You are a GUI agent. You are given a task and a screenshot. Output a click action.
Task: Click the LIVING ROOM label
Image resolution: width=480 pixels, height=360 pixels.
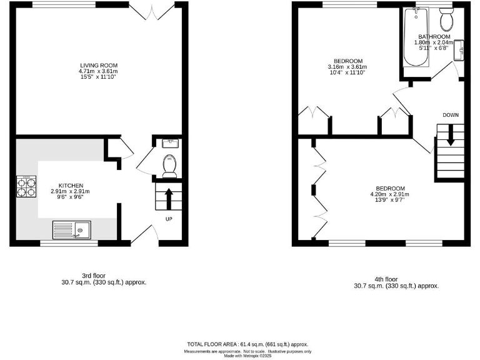98,65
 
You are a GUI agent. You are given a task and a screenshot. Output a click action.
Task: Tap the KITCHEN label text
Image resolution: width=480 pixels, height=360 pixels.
71,186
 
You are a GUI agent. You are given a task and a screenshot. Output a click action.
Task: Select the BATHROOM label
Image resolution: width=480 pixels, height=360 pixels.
434,37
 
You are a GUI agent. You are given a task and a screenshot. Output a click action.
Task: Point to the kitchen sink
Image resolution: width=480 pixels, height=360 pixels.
72,230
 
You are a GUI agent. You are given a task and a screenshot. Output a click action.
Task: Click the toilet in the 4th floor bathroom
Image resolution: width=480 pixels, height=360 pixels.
446,21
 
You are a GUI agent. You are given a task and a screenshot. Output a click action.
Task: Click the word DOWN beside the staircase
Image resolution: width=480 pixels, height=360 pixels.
450,115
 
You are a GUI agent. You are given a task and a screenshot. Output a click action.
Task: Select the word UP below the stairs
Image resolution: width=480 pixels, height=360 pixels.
169,219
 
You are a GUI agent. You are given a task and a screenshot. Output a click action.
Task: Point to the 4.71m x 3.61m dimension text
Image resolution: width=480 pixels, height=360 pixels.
98,71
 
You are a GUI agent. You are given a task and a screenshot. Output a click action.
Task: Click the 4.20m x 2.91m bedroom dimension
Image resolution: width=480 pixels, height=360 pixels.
390,194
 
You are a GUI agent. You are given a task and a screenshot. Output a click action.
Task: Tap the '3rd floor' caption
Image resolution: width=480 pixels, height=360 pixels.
99,275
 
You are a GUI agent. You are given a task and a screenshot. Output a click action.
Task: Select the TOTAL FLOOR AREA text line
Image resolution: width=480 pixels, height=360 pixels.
248,344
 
